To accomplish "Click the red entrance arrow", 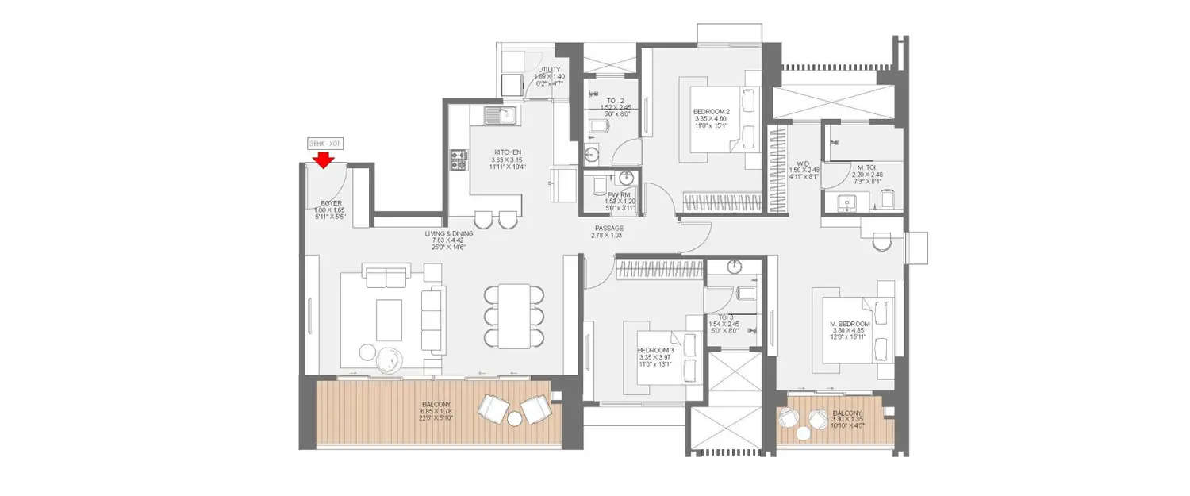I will click(323, 161).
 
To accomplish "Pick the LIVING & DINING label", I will click(448, 233).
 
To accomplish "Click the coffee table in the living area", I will click(389, 319).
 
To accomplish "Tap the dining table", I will click(514, 315).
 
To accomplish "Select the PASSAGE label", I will click(608, 228).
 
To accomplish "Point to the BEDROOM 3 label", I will click(654, 350).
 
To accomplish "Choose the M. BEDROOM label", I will click(850, 325).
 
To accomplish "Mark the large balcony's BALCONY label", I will click(436, 404).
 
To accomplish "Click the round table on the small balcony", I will click(803, 433).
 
